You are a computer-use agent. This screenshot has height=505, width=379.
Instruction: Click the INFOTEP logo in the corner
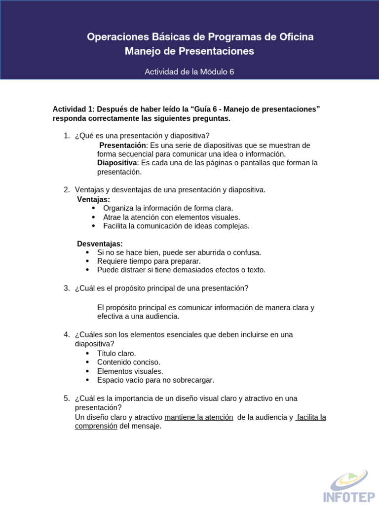345,485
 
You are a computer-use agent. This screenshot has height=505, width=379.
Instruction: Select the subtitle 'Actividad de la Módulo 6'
189,72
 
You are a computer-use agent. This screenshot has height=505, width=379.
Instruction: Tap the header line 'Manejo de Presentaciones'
189,51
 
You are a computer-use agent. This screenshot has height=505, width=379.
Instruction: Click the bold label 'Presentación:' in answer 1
123,145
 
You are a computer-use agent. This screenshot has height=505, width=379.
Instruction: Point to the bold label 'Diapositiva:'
117,163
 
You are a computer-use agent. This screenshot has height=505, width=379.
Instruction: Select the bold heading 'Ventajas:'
93,199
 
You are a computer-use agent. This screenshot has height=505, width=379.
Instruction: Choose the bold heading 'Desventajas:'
100,244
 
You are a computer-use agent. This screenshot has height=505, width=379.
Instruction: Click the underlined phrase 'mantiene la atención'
199,417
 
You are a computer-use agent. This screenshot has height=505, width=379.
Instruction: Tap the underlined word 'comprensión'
96,426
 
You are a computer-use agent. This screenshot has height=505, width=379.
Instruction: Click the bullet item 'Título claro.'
116,354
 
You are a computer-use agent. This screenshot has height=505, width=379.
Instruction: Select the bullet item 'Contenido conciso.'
129,362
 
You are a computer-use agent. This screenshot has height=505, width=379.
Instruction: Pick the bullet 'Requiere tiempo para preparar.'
149,261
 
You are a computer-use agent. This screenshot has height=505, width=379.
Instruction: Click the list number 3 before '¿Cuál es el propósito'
66,289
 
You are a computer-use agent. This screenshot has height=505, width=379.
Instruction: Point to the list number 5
66,398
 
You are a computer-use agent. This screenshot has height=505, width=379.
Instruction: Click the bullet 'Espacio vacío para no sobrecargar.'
155,380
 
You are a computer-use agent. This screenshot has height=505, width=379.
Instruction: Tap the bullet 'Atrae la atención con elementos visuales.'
171,217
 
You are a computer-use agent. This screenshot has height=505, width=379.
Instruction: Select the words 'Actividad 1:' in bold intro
74,109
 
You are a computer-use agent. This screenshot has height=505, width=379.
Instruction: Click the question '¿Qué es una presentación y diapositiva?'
142,136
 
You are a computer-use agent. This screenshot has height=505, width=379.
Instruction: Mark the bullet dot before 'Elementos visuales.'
88,371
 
